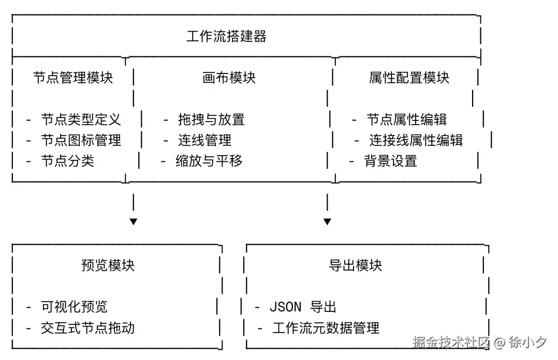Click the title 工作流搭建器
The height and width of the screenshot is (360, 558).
click(x=226, y=37)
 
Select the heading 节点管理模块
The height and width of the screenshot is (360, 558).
click(x=73, y=78)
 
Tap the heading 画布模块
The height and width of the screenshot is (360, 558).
click(x=229, y=78)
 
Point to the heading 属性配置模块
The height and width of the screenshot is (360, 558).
click(x=409, y=78)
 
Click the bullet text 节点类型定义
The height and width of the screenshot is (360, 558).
click(x=81, y=120)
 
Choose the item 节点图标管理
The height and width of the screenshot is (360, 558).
click(x=81, y=140)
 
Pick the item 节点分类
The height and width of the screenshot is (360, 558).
click(x=67, y=161)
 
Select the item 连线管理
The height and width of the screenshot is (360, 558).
click(x=204, y=140)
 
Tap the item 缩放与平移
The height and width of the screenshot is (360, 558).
click(x=209, y=161)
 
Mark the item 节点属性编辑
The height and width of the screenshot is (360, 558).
click(x=407, y=120)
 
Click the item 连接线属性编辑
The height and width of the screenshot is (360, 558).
click(x=416, y=140)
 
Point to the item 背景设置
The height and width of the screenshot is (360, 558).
click(x=391, y=161)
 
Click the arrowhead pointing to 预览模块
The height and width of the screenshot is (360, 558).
click(x=134, y=222)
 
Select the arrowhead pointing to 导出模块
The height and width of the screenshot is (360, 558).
click(x=327, y=222)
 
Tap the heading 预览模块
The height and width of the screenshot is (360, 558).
click(x=108, y=265)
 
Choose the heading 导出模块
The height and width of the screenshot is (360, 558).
click(x=355, y=265)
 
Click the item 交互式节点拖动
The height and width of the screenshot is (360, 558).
click(x=87, y=328)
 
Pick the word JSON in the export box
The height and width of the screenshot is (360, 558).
click(x=285, y=307)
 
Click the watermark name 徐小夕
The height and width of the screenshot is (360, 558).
click(x=527, y=342)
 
